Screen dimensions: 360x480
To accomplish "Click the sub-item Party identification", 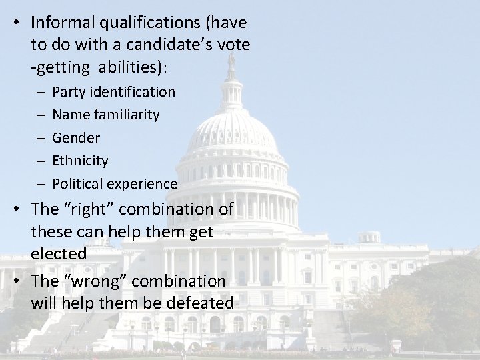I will pyautogui.click(x=113, y=91).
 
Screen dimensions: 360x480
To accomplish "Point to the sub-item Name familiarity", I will pyautogui.click(x=105, y=115).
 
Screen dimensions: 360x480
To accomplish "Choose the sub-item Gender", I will pyautogui.click(x=76, y=138).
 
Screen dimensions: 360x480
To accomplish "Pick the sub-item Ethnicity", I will pyautogui.click(x=80, y=161).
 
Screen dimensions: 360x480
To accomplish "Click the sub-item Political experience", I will pyautogui.click(x=115, y=184).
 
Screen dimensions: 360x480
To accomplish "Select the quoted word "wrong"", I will pyautogui.click(x=92, y=280).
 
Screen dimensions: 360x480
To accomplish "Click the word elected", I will pyautogui.click(x=59, y=254).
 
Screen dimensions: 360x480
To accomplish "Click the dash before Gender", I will pyautogui.click(x=41, y=138).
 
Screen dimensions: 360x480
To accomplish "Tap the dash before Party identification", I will pyautogui.click(x=41, y=91).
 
